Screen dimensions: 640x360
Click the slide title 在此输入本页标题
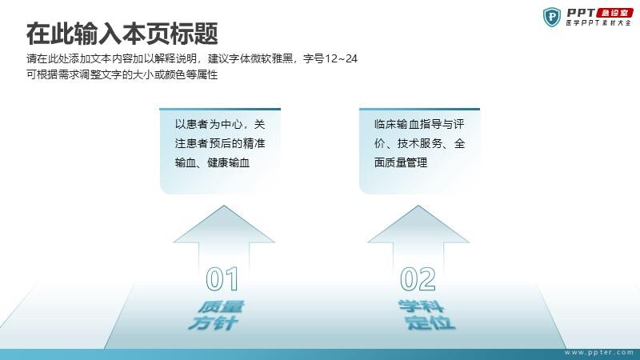(x=122, y=34)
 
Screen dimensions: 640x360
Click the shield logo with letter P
(x=552, y=17)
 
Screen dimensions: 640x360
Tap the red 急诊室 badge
(x=614, y=13)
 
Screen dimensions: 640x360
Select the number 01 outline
(x=222, y=278)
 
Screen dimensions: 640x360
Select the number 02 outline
(x=418, y=278)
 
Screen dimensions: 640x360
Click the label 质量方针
(x=216, y=315)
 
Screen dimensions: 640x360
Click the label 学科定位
(x=426, y=314)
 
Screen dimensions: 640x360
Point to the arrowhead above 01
(x=224, y=224)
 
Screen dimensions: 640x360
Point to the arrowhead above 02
(x=418, y=224)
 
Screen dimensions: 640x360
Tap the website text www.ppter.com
(x=598, y=352)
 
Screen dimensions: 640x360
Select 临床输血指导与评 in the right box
(x=419, y=124)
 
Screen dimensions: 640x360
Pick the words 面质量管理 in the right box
(x=401, y=162)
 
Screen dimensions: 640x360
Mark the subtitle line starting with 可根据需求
(x=122, y=74)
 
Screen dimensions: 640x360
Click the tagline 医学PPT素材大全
(x=598, y=23)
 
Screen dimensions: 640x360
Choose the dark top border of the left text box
(x=220, y=110)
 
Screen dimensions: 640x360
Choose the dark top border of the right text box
(x=419, y=110)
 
